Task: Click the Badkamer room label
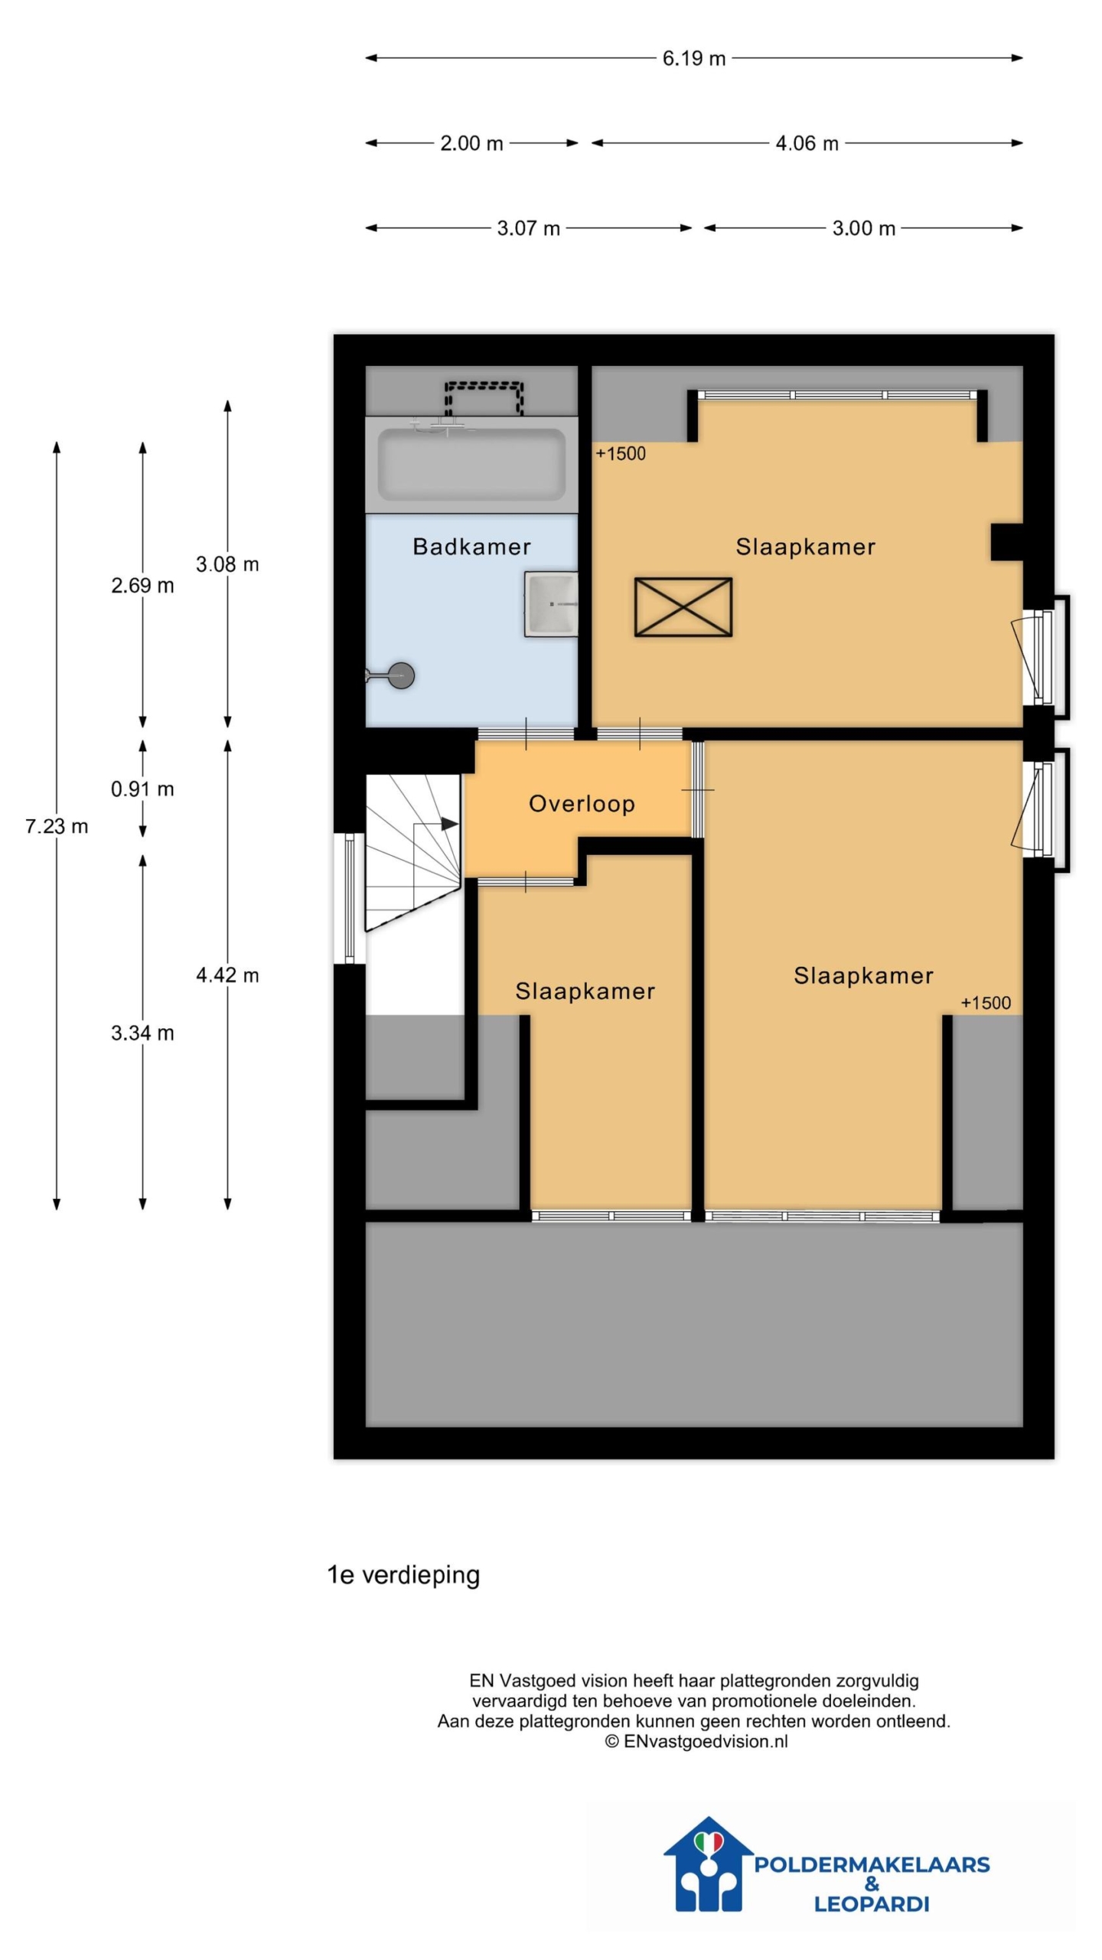pos(471,547)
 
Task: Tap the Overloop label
pos(582,804)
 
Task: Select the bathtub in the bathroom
pos(471,465)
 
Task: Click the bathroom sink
pos(551,604)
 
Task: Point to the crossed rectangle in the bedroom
pos(683,607)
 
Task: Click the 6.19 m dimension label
pos(693,58)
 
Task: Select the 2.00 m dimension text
pos(471,143)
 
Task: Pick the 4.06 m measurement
pos(807,143)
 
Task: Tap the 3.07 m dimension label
pos(528,228)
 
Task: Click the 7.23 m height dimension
pos(57,827)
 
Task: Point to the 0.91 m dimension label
pos(142,789)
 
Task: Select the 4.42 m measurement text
pos(227,975)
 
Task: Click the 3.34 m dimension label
pos(142,1034)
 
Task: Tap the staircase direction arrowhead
pos(450,824)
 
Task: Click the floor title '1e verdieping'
pos(403,1575)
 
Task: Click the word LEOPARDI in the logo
pos(871,1903)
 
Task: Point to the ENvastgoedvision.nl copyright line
pos(696,1741)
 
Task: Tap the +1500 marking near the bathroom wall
pos(621,454)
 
